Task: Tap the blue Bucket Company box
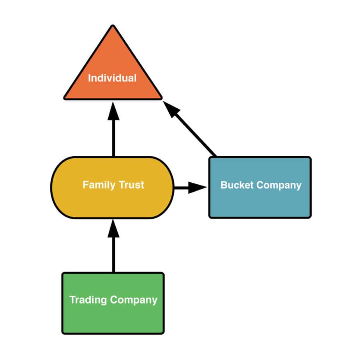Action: tap(260, 203)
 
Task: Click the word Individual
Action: tap(112, 78)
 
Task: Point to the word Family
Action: tap(96, 185)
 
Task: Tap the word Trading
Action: tap(88, 300)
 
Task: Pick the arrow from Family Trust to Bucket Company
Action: tap(187, 188)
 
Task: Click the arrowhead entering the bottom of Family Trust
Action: tap(113, 229)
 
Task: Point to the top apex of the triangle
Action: tap(113, 27)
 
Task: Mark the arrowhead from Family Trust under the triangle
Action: tap(113, 111)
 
